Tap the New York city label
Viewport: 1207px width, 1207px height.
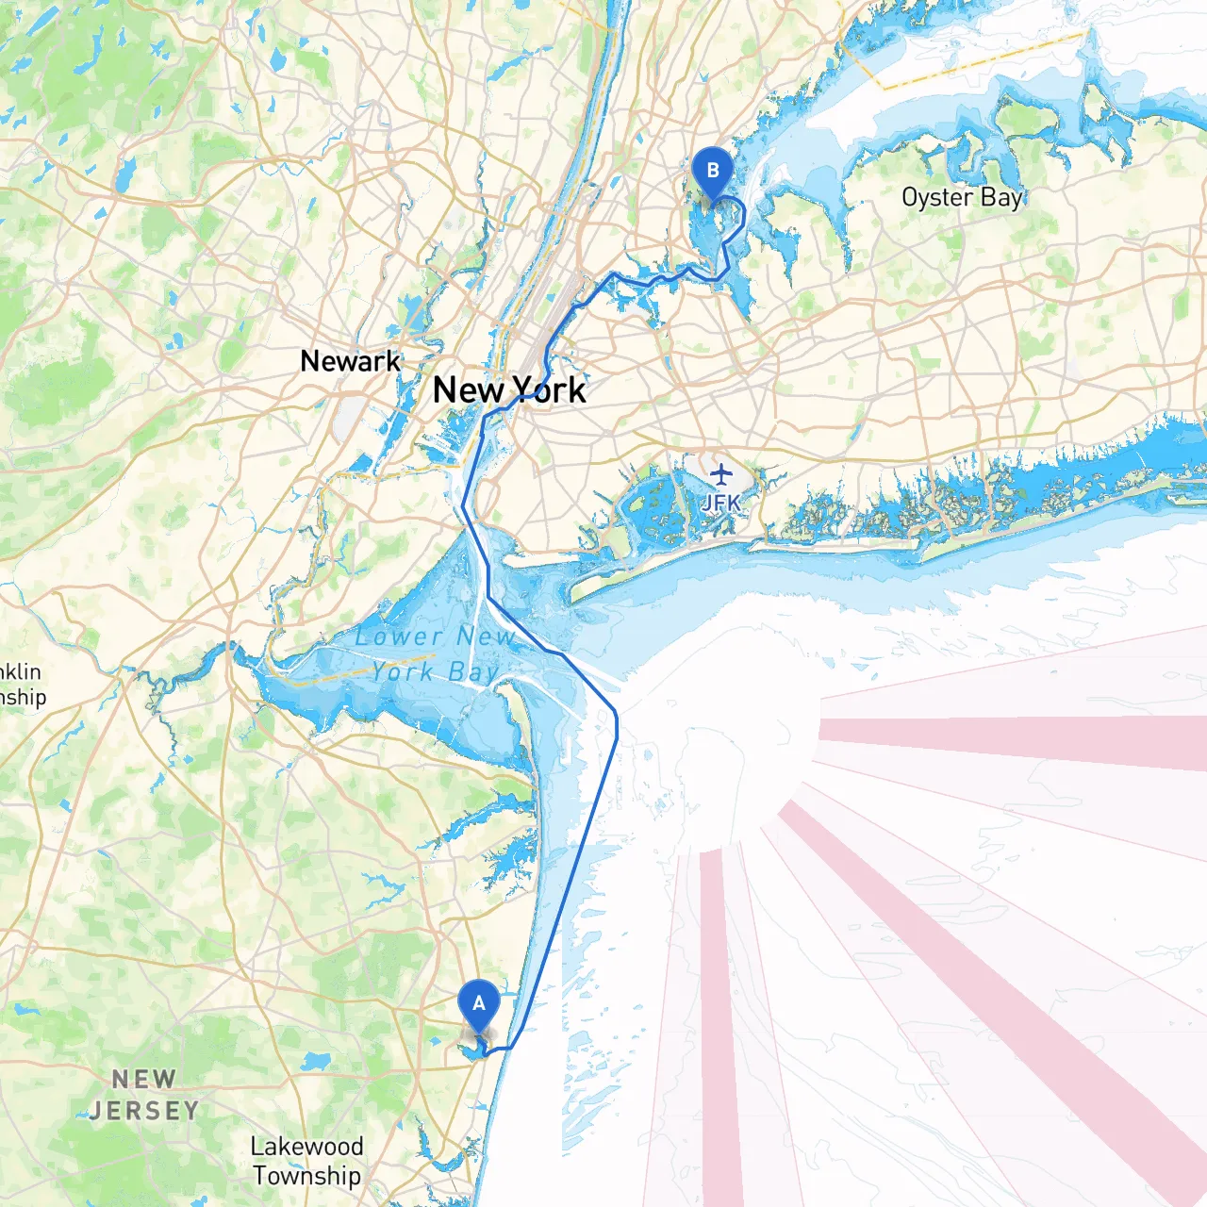509,389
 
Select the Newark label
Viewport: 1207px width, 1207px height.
350,361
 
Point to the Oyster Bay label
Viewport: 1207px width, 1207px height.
962,197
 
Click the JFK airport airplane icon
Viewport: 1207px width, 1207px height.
721,473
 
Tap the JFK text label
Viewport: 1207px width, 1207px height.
721,503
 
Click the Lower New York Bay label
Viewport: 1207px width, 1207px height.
435,653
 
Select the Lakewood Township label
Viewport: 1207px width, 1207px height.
306,1161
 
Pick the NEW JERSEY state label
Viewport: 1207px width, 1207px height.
144,1095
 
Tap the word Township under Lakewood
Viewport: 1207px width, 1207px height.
306,1176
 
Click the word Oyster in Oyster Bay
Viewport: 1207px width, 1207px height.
937,197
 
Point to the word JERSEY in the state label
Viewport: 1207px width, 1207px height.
144,1111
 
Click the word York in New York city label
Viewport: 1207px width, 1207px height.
549,389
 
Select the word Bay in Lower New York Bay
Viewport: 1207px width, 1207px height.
473,671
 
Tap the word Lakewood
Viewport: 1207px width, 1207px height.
306,1147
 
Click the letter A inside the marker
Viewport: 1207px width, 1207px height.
478,1002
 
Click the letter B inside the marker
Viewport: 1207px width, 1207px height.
712,170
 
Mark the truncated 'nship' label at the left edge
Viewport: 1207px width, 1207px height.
23,697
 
